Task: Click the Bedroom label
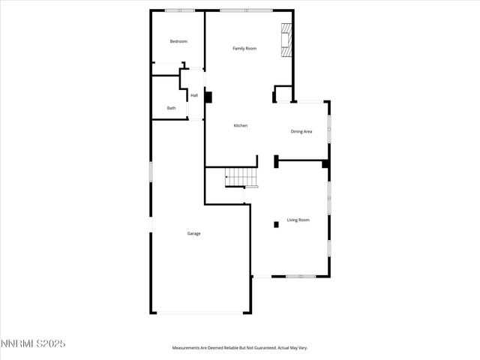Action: click(x=178, y=41)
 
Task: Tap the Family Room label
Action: click(x=244, y=49)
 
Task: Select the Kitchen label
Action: click(x=240, y=125)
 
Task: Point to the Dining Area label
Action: click(x=301, y=131)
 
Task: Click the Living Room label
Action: click(x=298, y=220)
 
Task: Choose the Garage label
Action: click(x=193, y=233)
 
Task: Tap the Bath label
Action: click(x=172, y=108)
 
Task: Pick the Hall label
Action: click(x=194, y=95)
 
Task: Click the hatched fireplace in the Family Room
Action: click(x=286, y=40)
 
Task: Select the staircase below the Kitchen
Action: click(x=241, y=178)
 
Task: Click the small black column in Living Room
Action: click(x=276, y=223)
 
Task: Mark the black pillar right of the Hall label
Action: click(x=208, y=97)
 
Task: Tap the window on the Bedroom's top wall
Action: click(x=180, y=10)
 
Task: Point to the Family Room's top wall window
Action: click(x=246, y=10)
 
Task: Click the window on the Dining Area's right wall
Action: click(x=328, y=129)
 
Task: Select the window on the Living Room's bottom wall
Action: click(x=300, y=276)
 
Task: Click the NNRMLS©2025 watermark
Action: click(x=33, y=343)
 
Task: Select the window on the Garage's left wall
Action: click(x=151, y=171)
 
